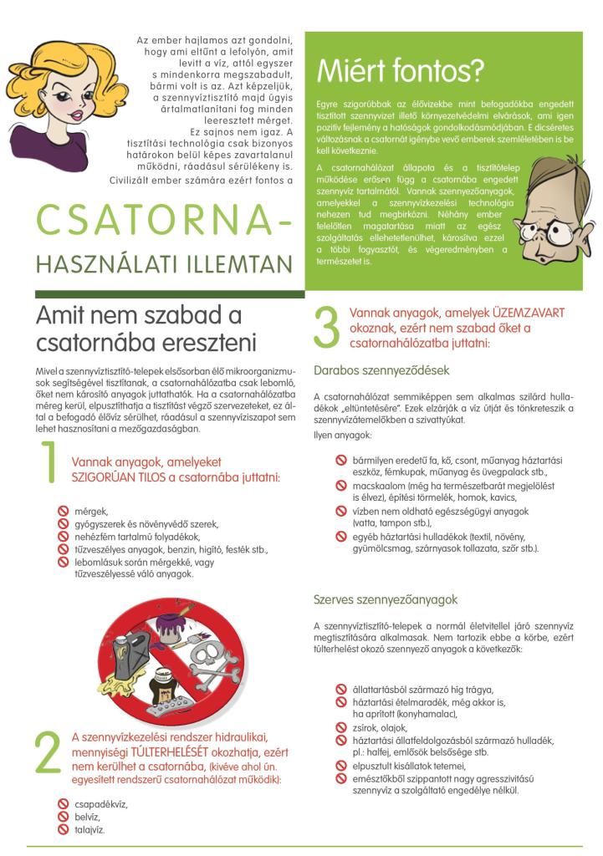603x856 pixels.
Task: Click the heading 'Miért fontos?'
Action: click(401, 72)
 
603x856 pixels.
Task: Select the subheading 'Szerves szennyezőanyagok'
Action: click(374, 599)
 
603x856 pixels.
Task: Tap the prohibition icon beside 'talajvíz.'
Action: click(62, 829)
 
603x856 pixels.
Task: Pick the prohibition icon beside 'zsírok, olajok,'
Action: click(340, 728)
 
